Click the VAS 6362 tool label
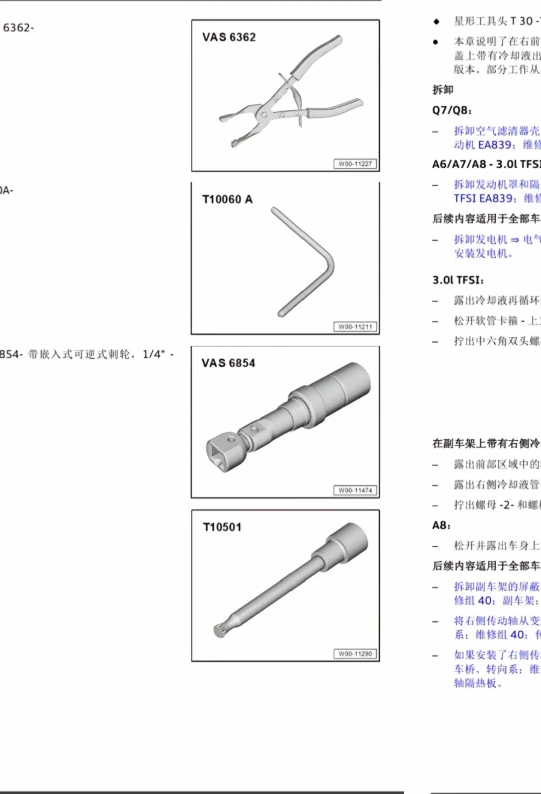point(229,37)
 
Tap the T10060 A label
point(227,199)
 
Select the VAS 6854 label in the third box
point(228,363)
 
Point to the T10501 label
point(222,527)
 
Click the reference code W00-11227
point(355,164)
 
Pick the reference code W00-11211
point(355,327)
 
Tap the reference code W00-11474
point(355,490)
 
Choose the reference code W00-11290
point(355,654)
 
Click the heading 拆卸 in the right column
point(443,90)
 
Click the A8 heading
point(441,525)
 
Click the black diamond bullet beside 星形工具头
point(436,21)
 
